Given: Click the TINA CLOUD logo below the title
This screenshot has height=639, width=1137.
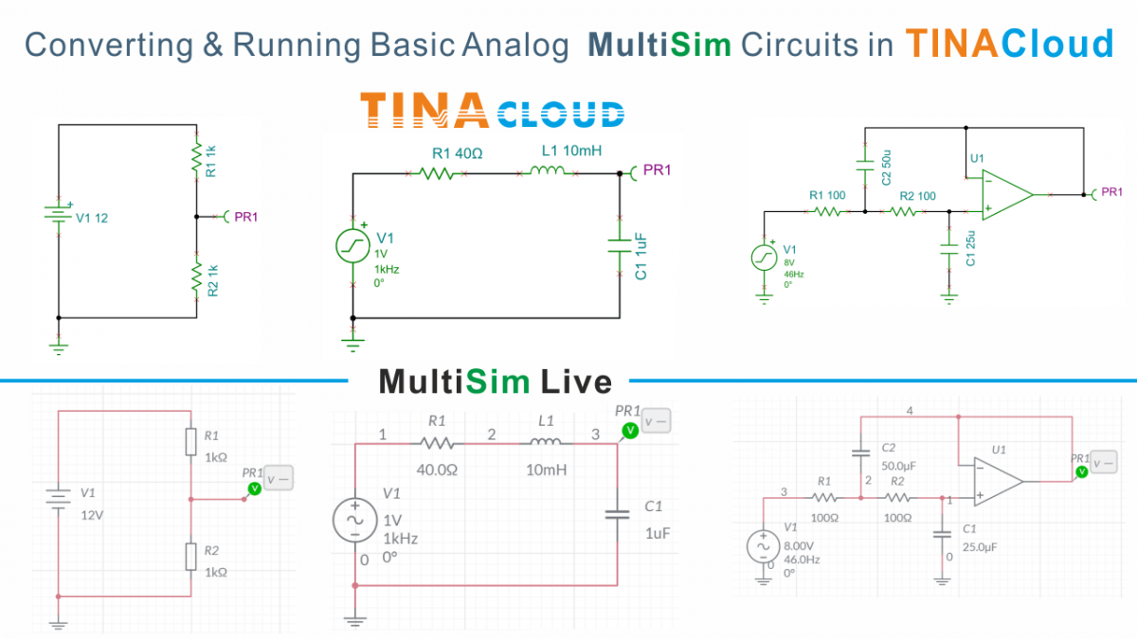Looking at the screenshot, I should click(493, 111).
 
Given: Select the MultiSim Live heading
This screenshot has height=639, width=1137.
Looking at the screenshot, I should click(495, 382).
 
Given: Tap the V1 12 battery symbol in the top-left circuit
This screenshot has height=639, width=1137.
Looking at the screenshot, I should click(59, 217).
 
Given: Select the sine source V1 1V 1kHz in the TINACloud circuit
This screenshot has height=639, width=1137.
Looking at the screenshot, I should click(352, 247).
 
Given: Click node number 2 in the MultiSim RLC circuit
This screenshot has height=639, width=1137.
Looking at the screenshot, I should click(491, 435).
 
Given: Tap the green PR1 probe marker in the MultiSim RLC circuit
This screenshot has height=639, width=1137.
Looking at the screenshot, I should click(627, 431).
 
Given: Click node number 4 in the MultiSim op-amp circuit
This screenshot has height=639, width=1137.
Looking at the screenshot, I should click(910, 411).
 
